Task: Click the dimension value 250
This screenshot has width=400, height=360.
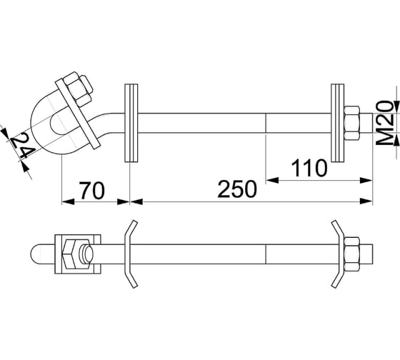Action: point(237,190)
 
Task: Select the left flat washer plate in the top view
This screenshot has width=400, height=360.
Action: point(129,123)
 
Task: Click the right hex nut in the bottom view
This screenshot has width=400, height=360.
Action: point(353,254)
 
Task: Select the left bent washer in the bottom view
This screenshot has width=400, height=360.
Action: point(129,254)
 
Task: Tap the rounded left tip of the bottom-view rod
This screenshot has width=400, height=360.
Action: point(36,254)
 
